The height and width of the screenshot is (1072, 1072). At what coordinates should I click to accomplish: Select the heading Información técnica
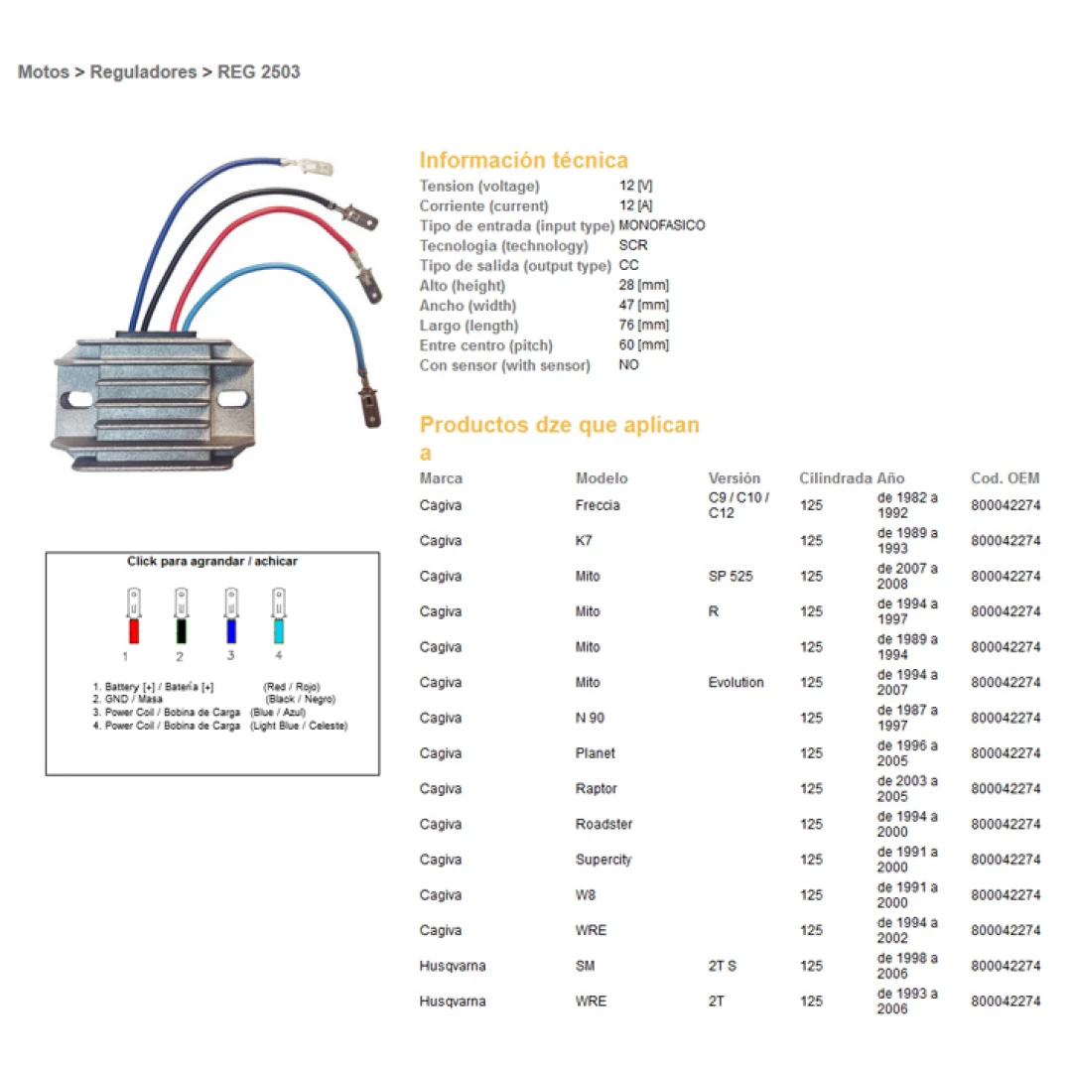(523, 160)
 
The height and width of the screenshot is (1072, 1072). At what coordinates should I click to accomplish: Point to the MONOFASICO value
(661, 225)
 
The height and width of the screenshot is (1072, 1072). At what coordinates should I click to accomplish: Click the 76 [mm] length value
(643, 325)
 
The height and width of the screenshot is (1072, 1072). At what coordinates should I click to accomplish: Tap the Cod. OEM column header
(1005, 478)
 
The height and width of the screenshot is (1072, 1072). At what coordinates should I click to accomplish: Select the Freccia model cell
(598, 505)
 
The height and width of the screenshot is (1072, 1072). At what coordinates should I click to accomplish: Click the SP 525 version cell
(730, 577)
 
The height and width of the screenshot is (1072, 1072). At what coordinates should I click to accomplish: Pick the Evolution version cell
(736, 683)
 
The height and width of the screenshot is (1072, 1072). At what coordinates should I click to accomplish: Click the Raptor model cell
(596, 789)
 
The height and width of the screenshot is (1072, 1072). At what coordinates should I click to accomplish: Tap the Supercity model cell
(603, 860)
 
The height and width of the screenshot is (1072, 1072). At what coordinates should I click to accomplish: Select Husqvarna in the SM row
(453, 966)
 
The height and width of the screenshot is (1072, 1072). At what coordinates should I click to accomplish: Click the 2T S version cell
(723, 966)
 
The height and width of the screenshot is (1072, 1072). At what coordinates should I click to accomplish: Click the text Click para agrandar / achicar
(212, 562)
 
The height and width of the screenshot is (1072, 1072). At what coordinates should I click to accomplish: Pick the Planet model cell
(595, 753)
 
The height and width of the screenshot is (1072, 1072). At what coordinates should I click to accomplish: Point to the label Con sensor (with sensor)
(504, 365)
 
